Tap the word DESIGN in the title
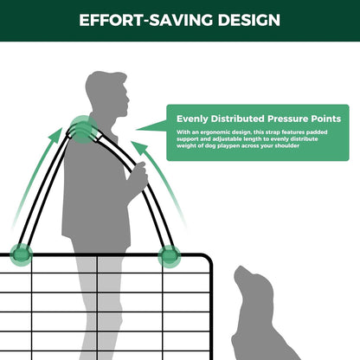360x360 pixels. (247, 19)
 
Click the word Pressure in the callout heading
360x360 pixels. (290, 119)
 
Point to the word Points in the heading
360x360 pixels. (327, 119)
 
